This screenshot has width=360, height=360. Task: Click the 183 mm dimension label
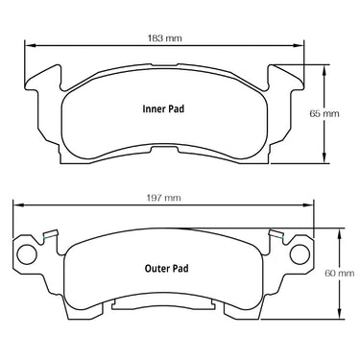click(x=164, y=38)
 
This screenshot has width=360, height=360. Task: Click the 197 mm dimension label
click(x=163, y=198)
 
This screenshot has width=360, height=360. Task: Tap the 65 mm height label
click(x=324, y=113)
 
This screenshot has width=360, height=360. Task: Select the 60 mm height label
click(x=340, y=274)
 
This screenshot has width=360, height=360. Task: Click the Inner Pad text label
click(x=163, y=108)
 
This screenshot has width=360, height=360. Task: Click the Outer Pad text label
click(x=166, y=268)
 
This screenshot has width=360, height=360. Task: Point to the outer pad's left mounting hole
click(x=27, y=254)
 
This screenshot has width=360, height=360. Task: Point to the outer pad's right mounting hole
click(x=300, y=254)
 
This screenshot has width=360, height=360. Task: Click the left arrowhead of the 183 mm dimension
click(x=30, y=45)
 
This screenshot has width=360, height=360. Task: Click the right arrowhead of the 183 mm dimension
click(x=299, y=45)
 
